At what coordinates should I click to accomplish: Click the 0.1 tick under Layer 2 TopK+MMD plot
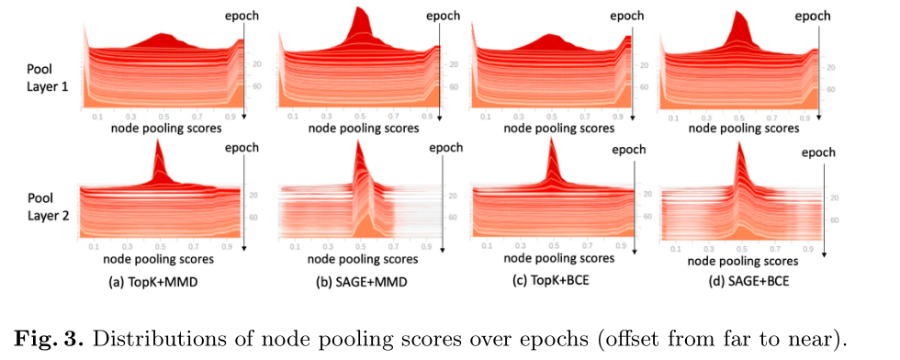[x=93, y=248]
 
